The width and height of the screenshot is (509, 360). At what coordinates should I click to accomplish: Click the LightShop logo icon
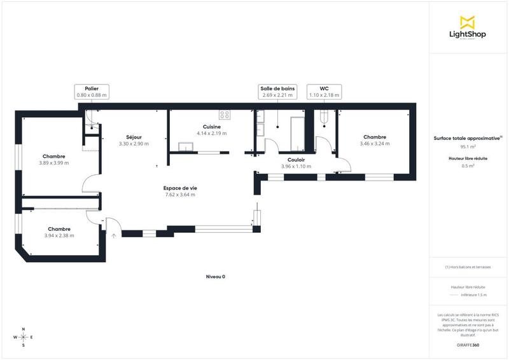(x=468, y=22)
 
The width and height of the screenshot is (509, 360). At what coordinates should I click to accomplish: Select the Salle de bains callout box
(x=277, y=92)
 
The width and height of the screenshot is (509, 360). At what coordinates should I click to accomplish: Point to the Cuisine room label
(x=212, y=130)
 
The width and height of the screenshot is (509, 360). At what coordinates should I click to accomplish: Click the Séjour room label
(x=134, y=141)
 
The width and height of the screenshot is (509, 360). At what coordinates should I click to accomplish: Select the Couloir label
(x=296, y=163)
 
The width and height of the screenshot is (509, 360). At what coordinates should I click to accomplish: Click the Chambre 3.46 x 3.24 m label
(x=375, y=141)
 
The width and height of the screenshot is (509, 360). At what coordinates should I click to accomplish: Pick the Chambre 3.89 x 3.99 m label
(x=54, y=160)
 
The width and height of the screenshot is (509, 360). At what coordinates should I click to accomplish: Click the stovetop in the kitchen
(x=225, y=115)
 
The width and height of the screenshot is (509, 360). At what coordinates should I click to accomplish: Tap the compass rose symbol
(x=24, y=337)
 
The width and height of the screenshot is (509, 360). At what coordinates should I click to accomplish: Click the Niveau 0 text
(x=216, y=277)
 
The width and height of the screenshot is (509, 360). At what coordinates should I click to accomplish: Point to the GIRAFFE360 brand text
(x=468, y=345)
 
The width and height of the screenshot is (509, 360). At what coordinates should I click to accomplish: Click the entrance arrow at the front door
(x=114, y=235)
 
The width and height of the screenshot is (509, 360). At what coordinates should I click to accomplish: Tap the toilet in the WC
(x=324, y=117)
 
